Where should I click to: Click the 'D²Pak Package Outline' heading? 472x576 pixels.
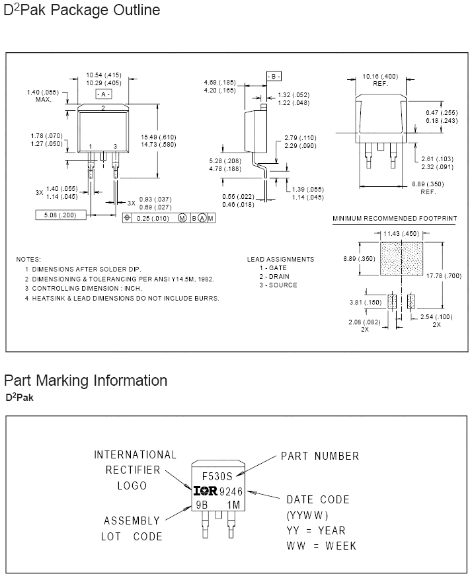[82, 11]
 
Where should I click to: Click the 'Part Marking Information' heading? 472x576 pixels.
[85, 380]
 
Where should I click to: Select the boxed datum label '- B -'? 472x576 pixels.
[274, 77]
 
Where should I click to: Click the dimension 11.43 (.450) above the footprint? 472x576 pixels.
[401, 233]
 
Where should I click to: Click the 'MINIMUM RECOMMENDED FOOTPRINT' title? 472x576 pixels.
[395, 218]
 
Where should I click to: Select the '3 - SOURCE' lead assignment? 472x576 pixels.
[278, 285]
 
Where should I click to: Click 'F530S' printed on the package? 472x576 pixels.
[217, 476]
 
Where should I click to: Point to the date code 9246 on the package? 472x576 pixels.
[230, 491]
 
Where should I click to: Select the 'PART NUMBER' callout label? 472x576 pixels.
[320, 456]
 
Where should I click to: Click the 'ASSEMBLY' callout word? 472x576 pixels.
[132, 521]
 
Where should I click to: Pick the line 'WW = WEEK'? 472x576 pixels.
[321, 546]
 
